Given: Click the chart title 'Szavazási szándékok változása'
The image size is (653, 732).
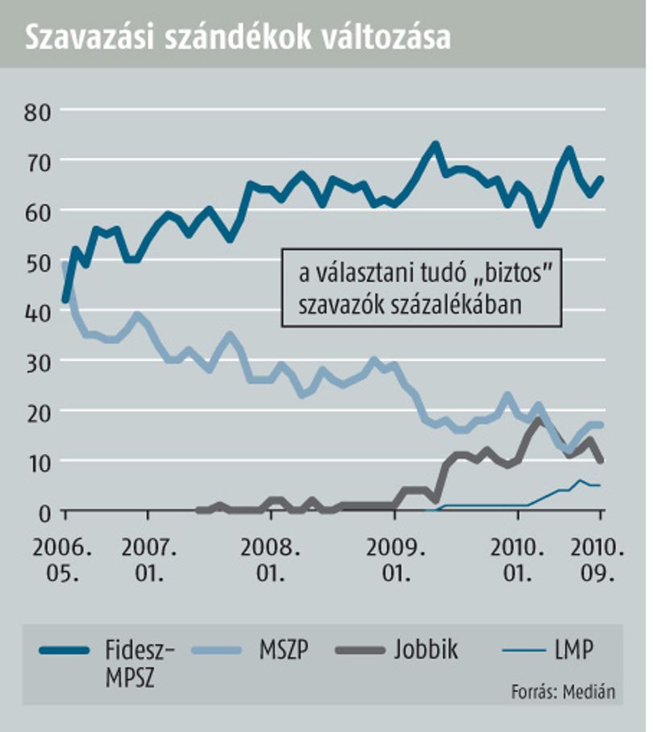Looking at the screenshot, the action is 238,37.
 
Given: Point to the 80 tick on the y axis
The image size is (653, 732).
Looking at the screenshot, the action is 37,113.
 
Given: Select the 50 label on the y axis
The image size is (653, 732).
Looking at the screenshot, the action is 37,264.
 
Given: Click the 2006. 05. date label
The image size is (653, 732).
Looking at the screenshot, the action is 62,560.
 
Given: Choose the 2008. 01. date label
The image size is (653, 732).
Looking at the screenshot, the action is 270,560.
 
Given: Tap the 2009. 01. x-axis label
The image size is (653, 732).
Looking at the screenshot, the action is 396,560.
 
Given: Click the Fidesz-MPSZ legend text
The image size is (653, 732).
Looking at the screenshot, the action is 139,663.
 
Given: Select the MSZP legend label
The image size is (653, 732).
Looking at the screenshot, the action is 284,650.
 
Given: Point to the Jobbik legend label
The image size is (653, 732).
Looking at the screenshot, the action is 426,650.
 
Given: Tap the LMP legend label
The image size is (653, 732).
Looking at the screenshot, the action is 574,650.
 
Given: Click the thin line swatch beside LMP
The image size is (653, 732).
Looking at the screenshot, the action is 524,650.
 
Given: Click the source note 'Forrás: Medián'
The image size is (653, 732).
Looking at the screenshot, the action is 564,692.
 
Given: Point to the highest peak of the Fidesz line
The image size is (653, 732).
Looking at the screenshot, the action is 435,145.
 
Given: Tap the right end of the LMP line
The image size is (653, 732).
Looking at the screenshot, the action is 601,485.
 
